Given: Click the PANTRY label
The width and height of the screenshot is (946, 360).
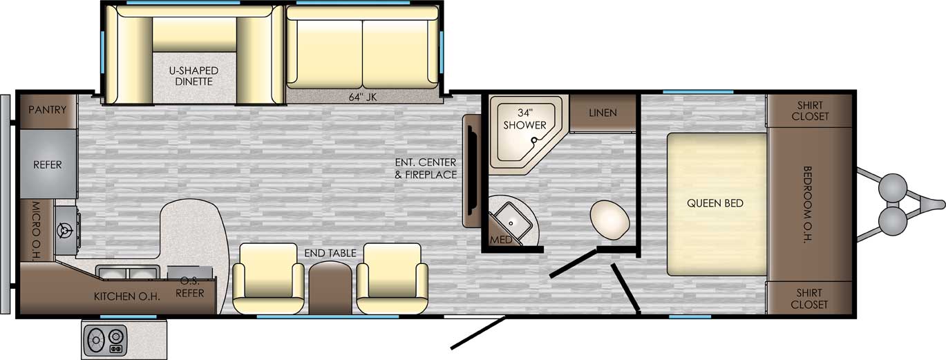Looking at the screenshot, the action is pos(47,110).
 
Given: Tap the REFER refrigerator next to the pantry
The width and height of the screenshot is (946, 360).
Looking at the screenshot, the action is pos(48,164).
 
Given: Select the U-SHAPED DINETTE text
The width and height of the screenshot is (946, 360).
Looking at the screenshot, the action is pos(194,76).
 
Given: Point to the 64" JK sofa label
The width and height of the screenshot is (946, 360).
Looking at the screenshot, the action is pos(362,97).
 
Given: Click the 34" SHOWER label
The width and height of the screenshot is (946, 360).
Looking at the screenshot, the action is pos(524,119).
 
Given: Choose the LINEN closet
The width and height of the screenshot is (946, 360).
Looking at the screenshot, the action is pos(603,113).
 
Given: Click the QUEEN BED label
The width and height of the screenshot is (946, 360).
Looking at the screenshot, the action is pos(715,203).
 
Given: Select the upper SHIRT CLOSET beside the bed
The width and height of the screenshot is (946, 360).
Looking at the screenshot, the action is pos(810,111).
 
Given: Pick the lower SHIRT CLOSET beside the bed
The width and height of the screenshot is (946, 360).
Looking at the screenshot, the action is pos(810,299).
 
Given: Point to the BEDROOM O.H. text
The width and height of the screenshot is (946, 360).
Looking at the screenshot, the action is pos(807,205).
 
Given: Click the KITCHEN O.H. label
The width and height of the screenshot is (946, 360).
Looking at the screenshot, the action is pos(126,296).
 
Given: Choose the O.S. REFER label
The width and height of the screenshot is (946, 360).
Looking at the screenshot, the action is pos(189,287).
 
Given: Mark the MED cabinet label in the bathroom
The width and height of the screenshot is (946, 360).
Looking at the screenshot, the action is pos(501,240).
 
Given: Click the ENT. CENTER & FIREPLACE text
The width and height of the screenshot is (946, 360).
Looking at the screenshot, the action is pos(426,168).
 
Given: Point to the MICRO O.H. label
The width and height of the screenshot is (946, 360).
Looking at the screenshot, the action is pos(36,231).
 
